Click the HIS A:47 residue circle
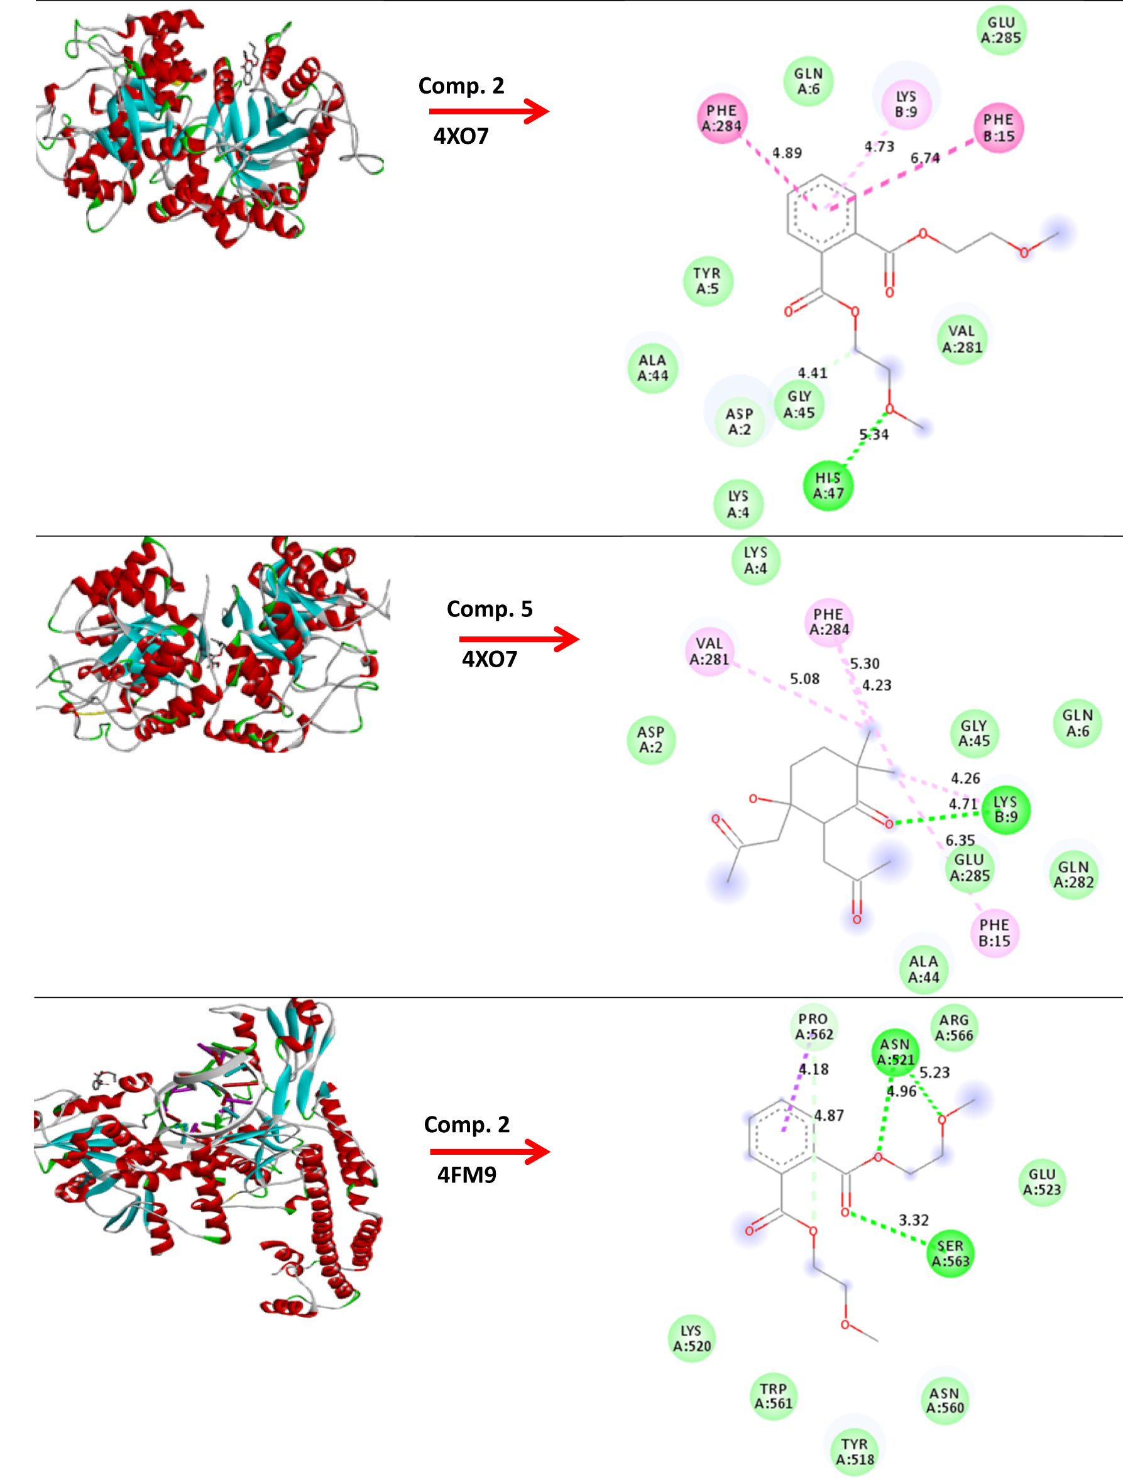[x=828, y=486]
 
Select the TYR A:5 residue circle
[x=707, y=281]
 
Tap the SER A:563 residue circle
[x=950, y=1253]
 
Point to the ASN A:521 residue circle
[x=895, y=1052]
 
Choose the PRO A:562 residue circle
[x=814, y=1027]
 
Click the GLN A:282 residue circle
[x=1073, y=875]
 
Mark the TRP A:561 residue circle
[x=774, y=1396]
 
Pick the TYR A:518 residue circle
[x=855, y=1452]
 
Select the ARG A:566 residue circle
[x=954, y=1027]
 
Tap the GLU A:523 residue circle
[x=1042, y=1181]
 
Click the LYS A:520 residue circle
[x=692, y=1338]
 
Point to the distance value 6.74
[x=924, y=158]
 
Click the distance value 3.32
[x=914, y=1219]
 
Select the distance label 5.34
[x=874, y=435]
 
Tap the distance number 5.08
[x=804, y=679]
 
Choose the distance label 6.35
[x=960, y=840]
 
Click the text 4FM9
[x=467, y=1176]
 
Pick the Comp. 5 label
[x=490, y=609]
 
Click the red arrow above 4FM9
[x=490, y=1152]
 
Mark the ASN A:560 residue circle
[x=945, y=1400]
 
